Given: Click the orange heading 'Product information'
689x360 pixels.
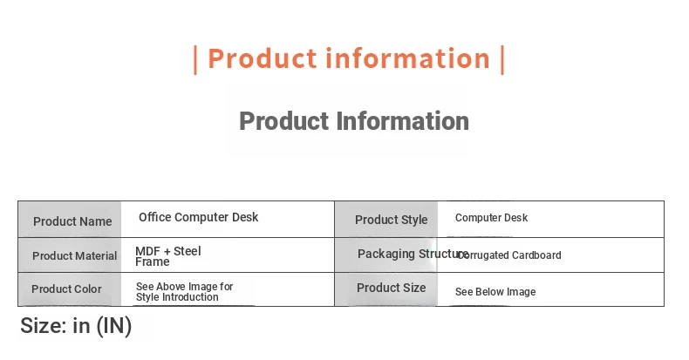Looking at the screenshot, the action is point(349,58).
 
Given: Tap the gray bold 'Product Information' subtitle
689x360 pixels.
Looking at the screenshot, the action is point(354,121).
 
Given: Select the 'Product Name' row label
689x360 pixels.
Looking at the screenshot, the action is point(72,221).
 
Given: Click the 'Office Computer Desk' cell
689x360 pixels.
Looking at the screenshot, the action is point(198,217).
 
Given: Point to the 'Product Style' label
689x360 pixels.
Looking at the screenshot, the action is point(391,220).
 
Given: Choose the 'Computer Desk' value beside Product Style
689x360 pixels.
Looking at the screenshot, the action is point(491,218).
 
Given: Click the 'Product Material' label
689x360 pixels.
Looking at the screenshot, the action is point(75,255).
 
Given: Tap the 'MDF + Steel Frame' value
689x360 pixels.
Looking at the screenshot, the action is point(168,256).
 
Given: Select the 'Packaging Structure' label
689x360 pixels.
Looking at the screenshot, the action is point(413,254).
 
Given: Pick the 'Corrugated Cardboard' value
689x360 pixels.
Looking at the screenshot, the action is point(509,255).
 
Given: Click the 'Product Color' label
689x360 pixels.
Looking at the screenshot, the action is point(66,289).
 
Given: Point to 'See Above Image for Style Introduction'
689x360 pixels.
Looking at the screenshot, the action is point(185,291).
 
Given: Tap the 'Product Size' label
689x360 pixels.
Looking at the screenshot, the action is point(391,288).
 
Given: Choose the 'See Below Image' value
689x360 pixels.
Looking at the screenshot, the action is point(495,292).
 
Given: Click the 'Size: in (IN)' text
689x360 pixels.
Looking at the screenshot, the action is point(76,326).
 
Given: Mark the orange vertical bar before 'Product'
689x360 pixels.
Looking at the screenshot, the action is point(195,59).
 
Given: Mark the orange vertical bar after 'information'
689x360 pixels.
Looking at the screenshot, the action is point(502,59).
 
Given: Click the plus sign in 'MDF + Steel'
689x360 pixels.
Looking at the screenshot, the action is point(167,252).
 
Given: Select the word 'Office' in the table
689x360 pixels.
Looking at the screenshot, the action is point(155,217).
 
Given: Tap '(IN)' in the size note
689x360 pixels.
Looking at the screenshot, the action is point(113,326).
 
